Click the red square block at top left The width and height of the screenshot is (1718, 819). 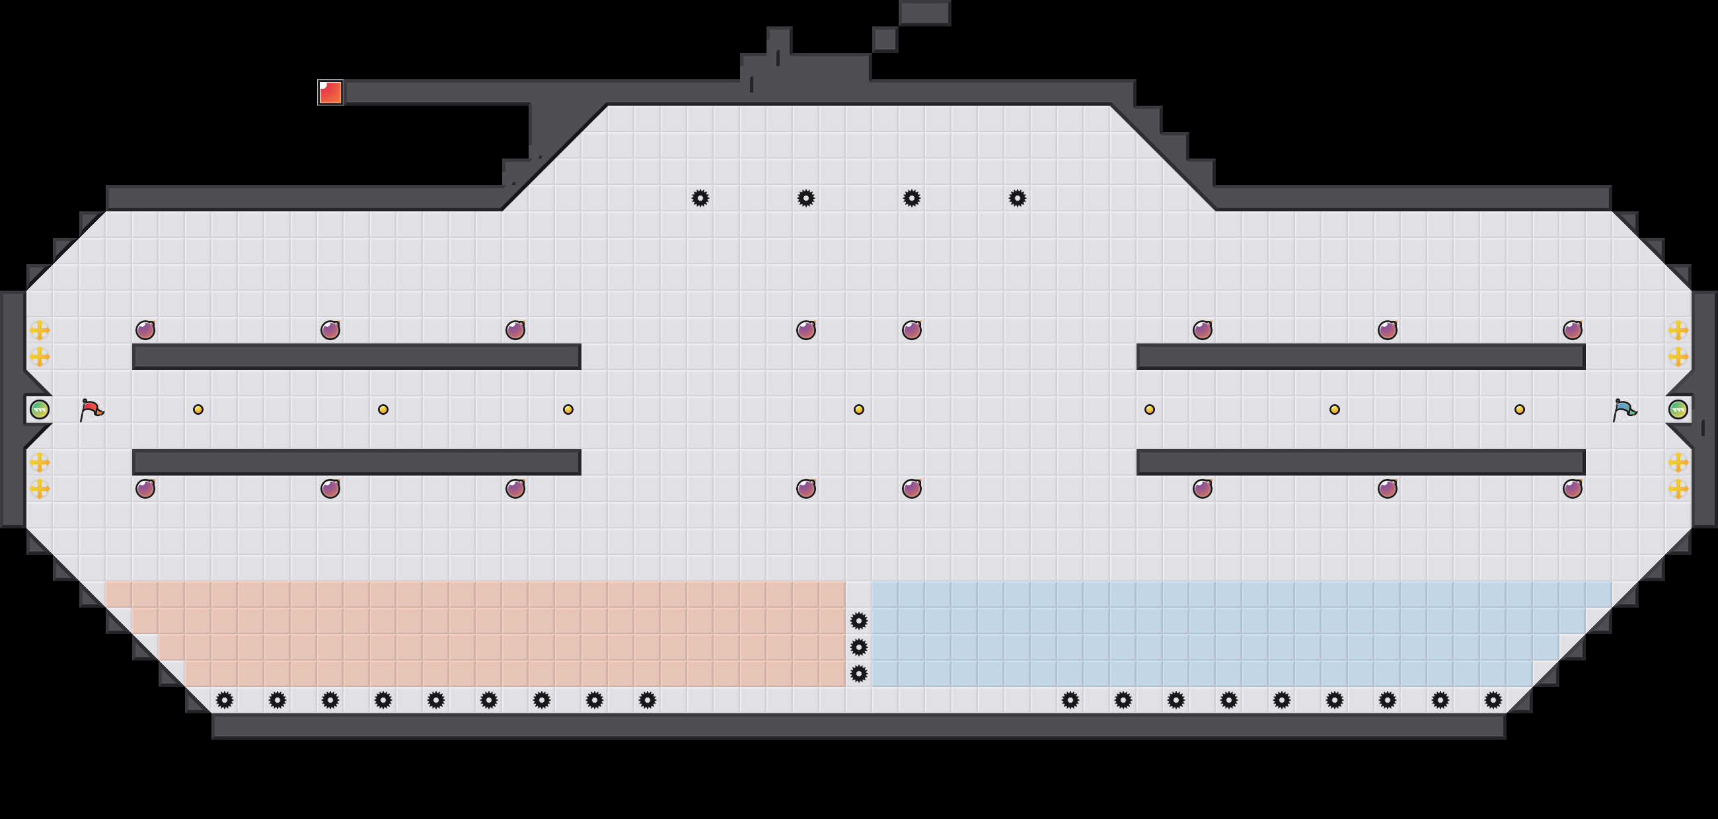tap(330, 92)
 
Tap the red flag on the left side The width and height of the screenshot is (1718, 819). tap(91, 409)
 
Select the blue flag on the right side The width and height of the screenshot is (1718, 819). tap(1624, 409)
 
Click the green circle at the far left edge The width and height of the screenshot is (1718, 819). tap(40, 409)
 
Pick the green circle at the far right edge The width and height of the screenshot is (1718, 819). tap(1678, 409)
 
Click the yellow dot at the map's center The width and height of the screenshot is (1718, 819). tap(859, 409)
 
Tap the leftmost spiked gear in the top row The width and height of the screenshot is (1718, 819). tap(700, 198)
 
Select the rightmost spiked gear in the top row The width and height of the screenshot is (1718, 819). tap(1017, 198)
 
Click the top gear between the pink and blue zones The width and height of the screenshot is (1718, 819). tap(859, 621)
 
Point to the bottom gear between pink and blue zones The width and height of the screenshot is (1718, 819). tap(859, 674)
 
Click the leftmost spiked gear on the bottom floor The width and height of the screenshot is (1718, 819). tap(225, 699)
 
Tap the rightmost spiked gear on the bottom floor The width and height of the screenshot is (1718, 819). tap(1493, 699)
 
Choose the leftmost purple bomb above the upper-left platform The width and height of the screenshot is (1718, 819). tap(145, 330)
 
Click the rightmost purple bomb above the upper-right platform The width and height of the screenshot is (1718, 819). tap(1572, 330)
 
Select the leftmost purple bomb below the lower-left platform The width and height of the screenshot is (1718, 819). tap(145, 489)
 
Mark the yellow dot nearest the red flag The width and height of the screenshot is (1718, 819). tap(198, 409)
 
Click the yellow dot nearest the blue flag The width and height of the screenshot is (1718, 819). tap(1519, 409)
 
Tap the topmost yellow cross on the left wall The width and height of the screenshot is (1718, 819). tap(40, 330)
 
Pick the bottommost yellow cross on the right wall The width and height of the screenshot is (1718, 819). tap(1678, 489)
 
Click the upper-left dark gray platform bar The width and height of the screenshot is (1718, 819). tap(357, 357)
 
